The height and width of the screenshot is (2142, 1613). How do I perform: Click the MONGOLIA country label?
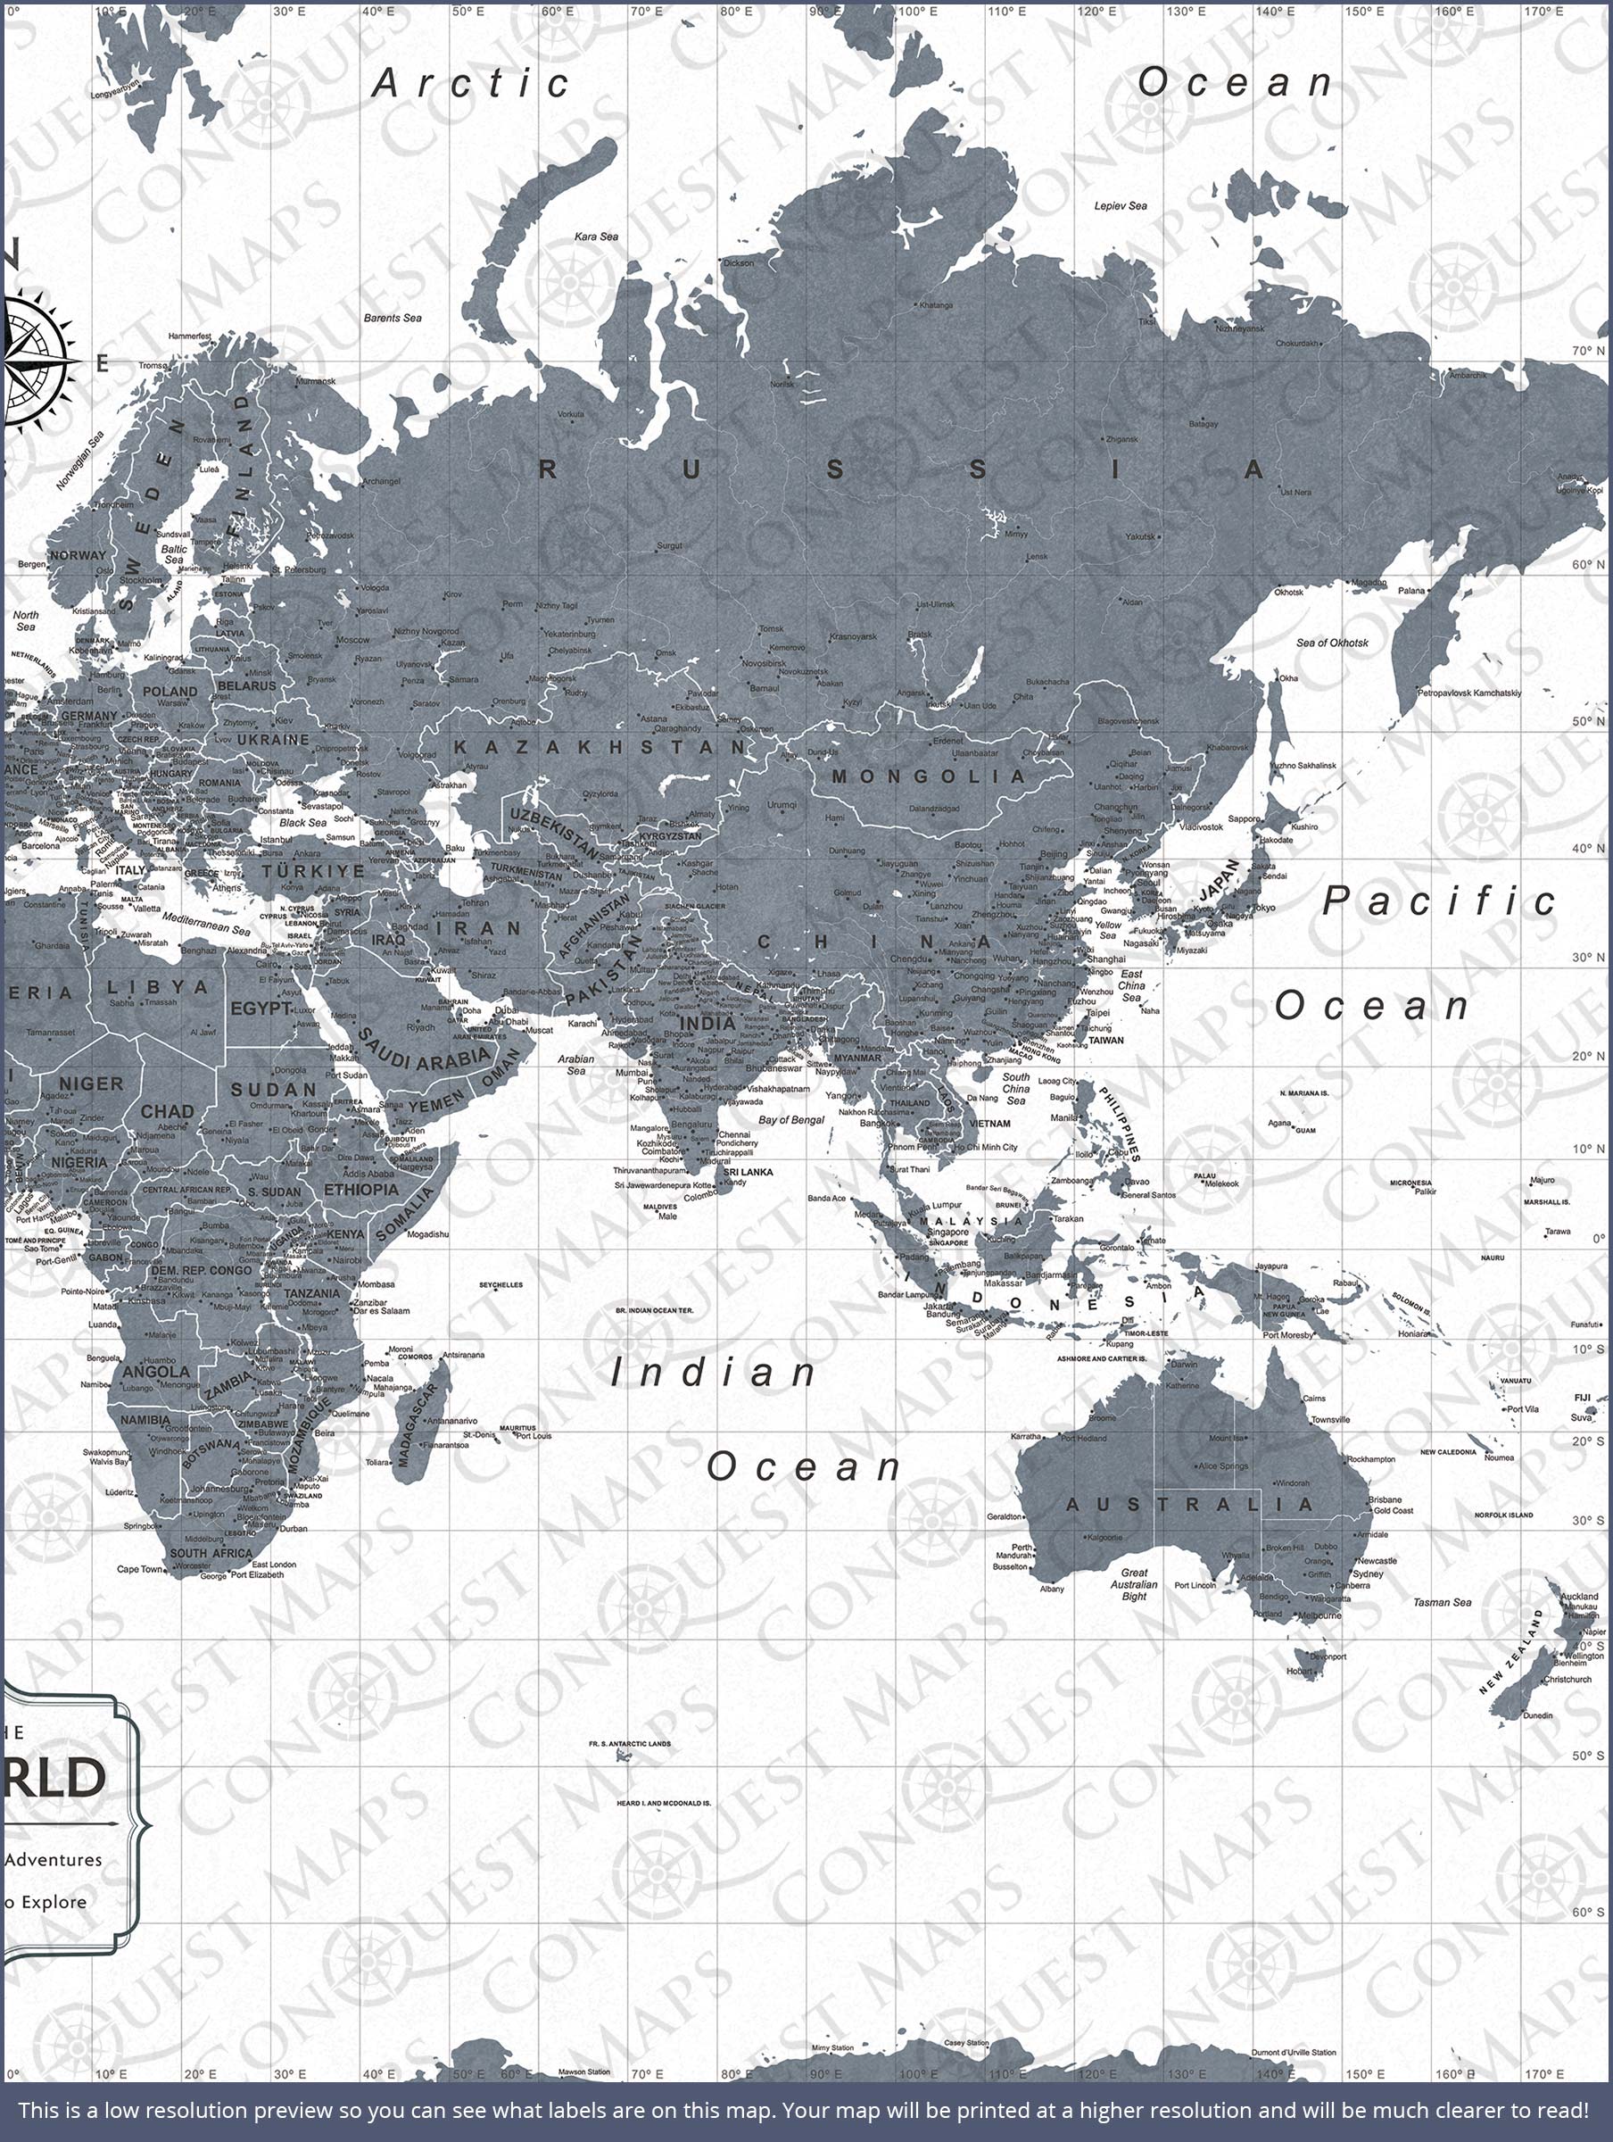point(928,776)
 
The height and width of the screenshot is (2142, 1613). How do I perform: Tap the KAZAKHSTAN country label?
point(600,748)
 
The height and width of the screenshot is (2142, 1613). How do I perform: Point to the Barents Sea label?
point(393,318)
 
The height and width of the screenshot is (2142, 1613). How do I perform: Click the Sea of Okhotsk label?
point(1332,642)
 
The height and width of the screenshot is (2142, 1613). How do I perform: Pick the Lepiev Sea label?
point(1121,205)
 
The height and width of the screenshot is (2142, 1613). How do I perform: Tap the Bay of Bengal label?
point(791,1119)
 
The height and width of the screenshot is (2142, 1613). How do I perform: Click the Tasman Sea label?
point(1442,1603)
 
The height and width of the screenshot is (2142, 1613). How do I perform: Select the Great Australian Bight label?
point(1134,1584)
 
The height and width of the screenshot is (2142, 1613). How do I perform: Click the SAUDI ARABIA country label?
point(423,1051)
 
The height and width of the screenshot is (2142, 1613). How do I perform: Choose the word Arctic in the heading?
point(472,84)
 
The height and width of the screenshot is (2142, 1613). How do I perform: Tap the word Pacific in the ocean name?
point(1439,901)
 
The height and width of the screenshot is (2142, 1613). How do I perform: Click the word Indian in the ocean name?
point(714,1372)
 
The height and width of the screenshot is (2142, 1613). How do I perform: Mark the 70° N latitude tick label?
point(1588,351)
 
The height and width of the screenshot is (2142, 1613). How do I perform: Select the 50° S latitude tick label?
point(1588,1756)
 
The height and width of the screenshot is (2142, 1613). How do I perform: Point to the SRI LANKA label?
point(749,1172)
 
